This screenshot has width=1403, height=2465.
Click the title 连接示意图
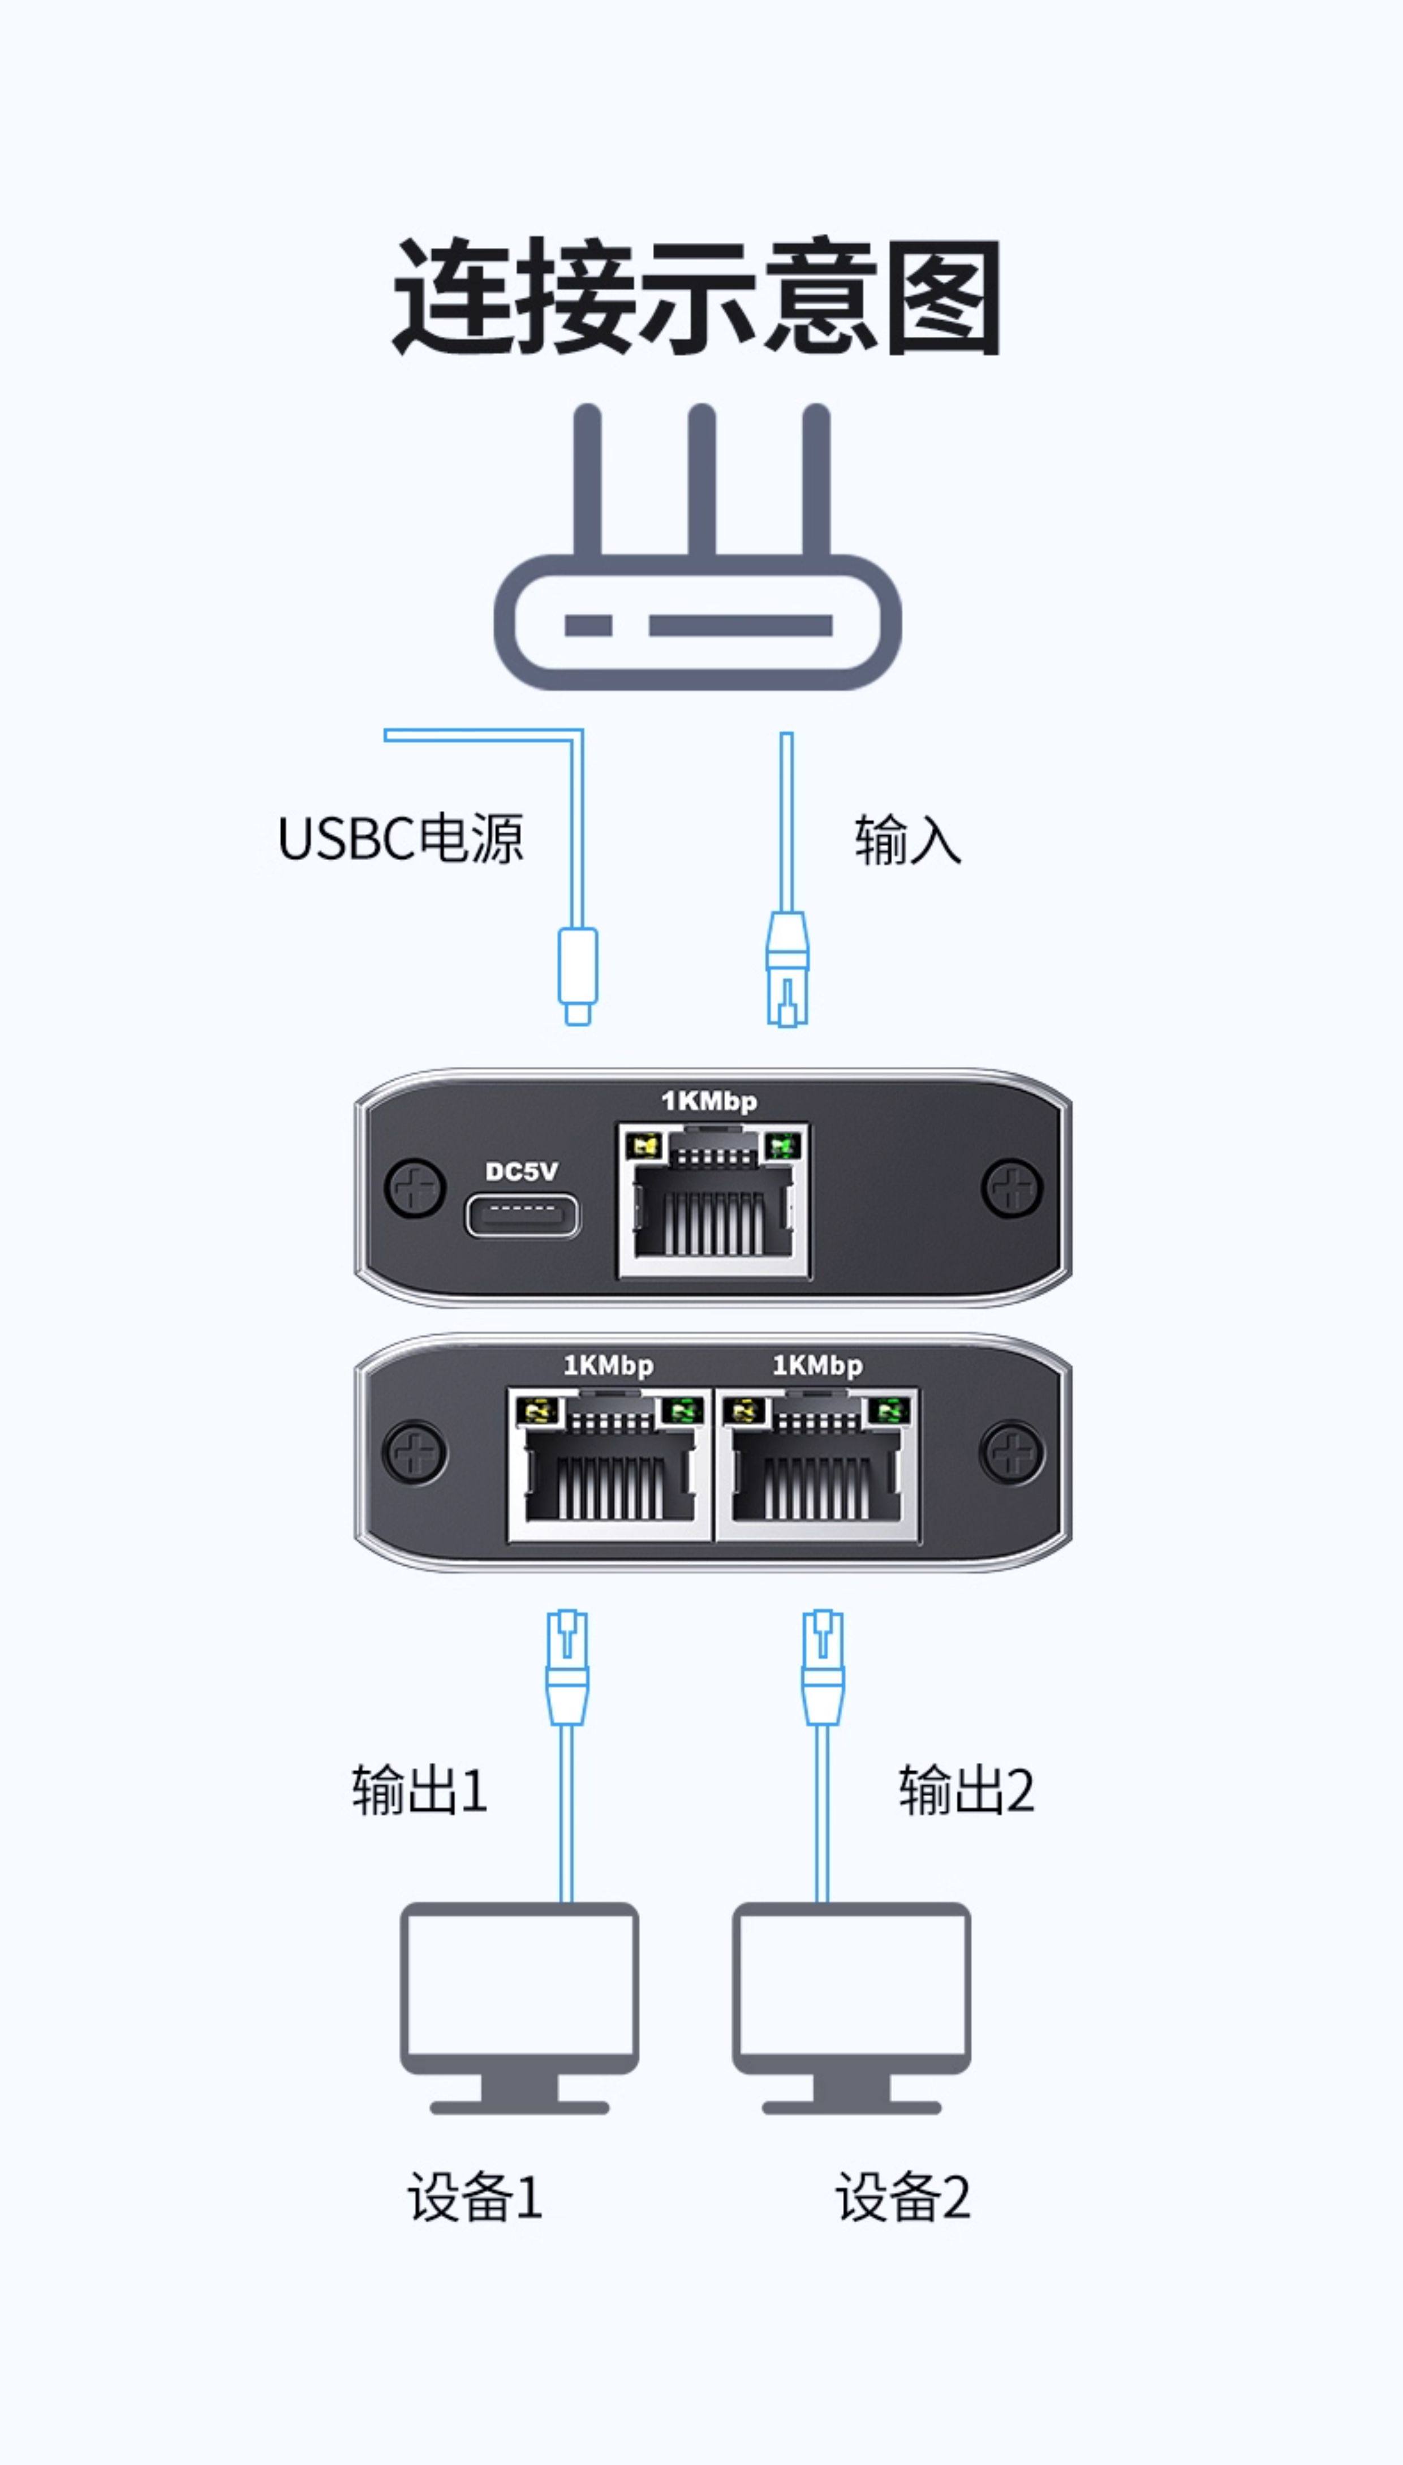point(696,297)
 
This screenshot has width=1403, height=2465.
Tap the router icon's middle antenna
point(701,482)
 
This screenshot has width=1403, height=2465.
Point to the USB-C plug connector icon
point(577,973)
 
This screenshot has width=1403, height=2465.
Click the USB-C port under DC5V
point(523,1216)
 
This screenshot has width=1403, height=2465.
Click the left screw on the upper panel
point(414,1188)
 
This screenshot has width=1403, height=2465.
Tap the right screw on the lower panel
point(1011,1452)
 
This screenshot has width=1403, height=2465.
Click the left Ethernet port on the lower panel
point(609,1464)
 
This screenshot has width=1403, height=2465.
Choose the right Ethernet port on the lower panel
point(817,1464)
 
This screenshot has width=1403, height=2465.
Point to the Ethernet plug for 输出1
point(567,1667)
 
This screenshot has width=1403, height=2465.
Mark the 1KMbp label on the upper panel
point(709,1101)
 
